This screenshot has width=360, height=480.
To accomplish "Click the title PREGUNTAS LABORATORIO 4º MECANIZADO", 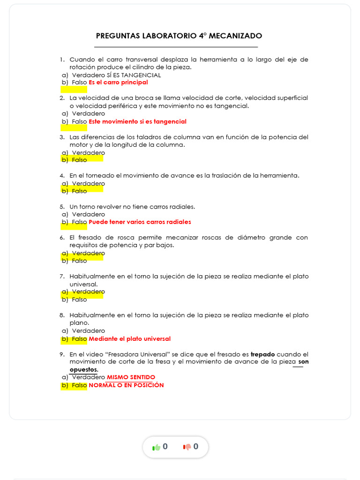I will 179,36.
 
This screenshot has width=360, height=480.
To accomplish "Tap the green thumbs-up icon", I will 157,447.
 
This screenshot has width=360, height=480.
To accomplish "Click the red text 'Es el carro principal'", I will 118,82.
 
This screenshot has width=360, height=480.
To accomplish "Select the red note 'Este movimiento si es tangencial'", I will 137,122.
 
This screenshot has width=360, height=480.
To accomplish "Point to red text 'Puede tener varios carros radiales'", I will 140,222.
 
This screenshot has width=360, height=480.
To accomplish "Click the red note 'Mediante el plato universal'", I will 129,339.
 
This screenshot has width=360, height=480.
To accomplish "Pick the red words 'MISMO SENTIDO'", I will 131,377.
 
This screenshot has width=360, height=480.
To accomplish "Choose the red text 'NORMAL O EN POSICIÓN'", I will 126,385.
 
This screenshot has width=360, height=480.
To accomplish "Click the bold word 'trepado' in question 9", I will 262,354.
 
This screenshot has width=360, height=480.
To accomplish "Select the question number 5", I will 62,207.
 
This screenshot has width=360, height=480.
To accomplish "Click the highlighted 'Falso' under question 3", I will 79,160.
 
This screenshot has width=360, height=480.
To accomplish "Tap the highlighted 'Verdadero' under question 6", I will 88,253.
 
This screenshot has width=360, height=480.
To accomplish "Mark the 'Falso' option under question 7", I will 79,300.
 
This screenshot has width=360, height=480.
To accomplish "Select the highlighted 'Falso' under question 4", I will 79,191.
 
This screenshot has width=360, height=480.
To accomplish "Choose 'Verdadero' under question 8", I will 88,331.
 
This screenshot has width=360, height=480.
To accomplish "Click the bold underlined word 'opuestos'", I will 83,370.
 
